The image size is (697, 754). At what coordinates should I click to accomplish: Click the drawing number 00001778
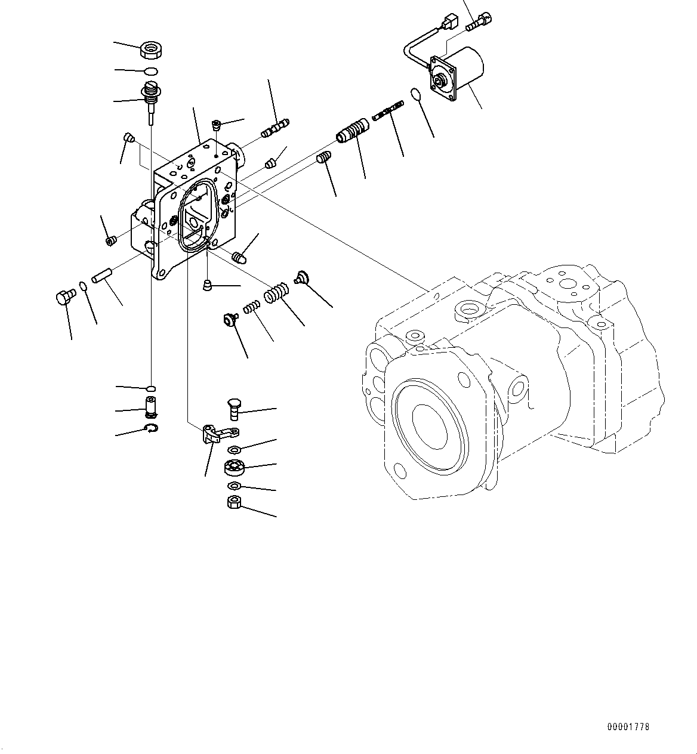point(628,727)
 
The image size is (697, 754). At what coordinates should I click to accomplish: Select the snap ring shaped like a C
point(152,428)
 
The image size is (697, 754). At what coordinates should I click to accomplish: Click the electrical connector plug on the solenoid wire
point(450,26)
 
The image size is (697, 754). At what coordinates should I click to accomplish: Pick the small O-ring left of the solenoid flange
point(416,94)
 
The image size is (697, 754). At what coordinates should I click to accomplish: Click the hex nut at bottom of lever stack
point(234,502)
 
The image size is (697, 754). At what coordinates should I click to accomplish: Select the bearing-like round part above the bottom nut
point(234,468)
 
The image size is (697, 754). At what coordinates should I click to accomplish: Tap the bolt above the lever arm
point(233,410)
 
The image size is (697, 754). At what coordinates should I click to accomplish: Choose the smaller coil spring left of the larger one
point(251,307)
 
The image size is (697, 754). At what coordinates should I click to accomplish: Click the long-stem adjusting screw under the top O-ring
point(150,103)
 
